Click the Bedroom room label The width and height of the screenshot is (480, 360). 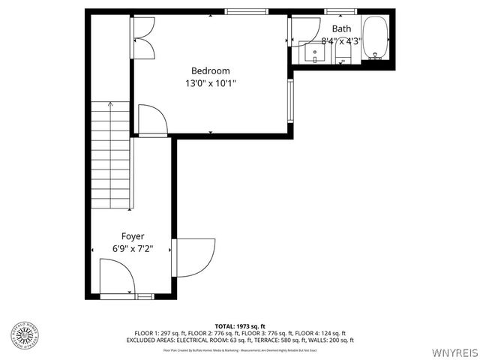(210, 70)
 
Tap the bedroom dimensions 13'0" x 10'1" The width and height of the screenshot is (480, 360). (210, 83)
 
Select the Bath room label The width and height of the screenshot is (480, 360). (341, 29)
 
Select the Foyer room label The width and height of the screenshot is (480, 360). (133, 236)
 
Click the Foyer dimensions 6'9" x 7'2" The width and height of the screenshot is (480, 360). (133, 249)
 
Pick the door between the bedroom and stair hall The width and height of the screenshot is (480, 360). (152, 121)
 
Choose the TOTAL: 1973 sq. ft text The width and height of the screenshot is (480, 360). (239, 325)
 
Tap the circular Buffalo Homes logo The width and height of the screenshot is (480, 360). (25, 334)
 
